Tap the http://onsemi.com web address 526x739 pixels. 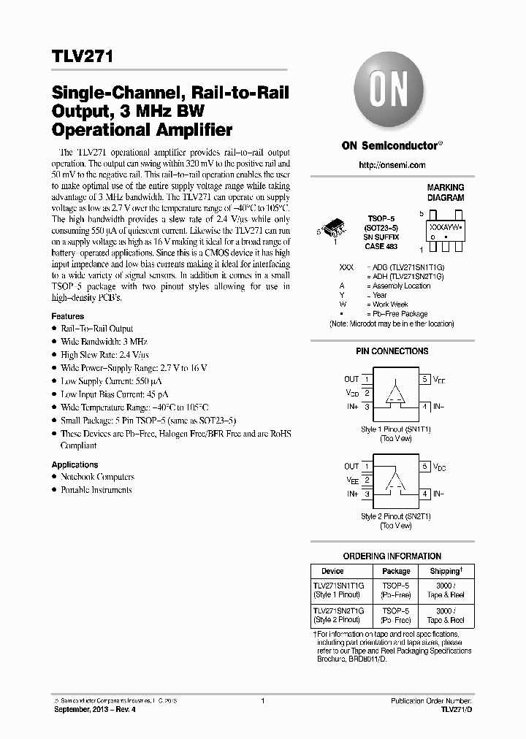pyautogui.click(x=392, y=166)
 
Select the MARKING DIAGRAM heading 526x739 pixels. pyautogui.click(x=445, y=193)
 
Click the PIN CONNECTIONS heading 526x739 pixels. pyautogui.click(x=392, y=351)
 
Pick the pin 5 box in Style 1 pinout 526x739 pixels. pyautogui.click(x=424, y=380)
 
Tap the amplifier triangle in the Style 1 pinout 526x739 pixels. pyautogui.click(x=395, y=394)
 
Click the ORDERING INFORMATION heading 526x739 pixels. pyautogui.click(x=392, y=556)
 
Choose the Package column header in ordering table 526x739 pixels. pyautogui.click(x=396, y=571)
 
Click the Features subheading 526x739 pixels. pyautogui.click(x=67, y=316)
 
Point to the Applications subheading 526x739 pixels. pyautogui.click(x=75, y=464)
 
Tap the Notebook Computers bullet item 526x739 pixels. pyautogui.click(x=97, y=477)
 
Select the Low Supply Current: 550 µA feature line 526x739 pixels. pyautogui.click(x=102, y=381)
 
